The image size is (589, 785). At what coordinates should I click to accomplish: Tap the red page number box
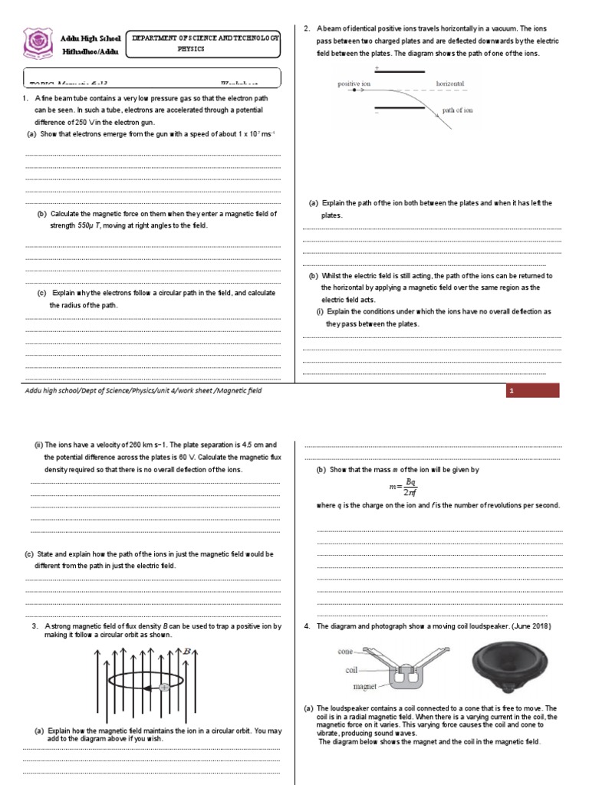click(532, 392)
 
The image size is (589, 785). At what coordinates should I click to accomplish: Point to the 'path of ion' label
click(458, 110)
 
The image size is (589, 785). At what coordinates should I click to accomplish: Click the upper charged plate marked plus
click(399, 71)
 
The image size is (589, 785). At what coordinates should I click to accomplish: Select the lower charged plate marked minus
click(399, 108)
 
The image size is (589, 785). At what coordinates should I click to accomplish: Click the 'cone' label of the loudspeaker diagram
click(345, 651)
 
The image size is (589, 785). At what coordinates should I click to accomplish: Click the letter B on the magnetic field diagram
click(186, 651)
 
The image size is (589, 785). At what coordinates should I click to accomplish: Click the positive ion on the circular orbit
click(163, 688)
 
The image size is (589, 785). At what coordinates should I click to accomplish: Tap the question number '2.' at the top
click(307, 29)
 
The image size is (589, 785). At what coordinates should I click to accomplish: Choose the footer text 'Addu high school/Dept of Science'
click(84, 391)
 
